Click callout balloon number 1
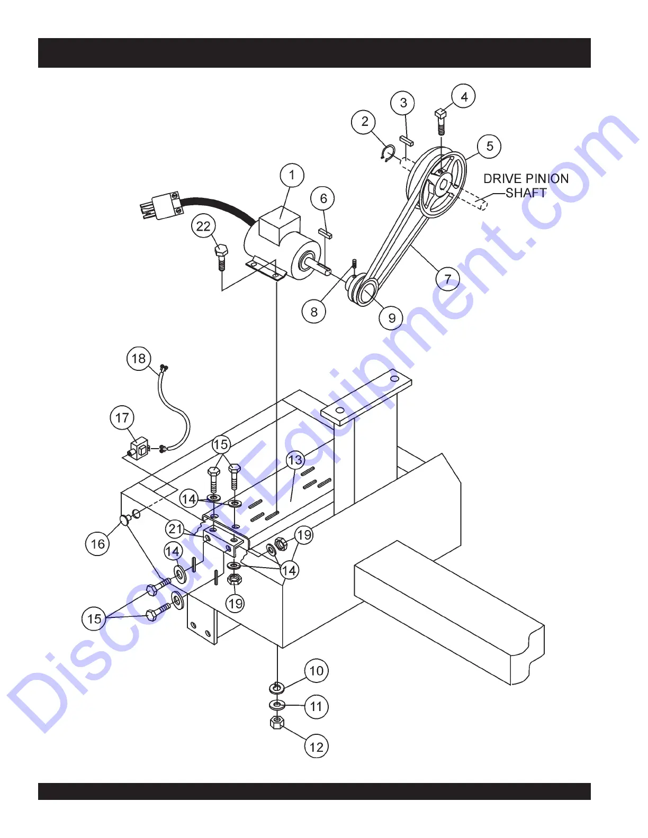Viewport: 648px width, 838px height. click(x=292, y=175)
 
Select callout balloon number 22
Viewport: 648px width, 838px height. click(x=203, y=226)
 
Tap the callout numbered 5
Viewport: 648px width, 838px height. click(x=489, y=146)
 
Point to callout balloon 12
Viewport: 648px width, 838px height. click(x=316, y=746)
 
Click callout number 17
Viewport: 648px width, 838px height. click(x=122, y=418)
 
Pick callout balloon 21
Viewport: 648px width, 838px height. click(x=175, y=529)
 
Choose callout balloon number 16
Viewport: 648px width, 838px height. click(x=98, y=544)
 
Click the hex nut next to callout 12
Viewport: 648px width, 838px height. click(x=277, y=723)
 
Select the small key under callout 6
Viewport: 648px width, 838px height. click(x=325, y=233)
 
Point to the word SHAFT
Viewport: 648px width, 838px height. click(x=526, y=193)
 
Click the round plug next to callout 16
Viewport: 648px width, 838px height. click(x=125, y=521)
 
